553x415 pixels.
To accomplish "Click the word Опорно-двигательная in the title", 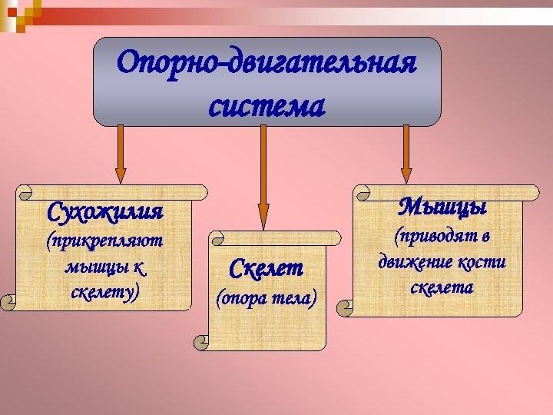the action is pyautogui.click(x=267, y=63).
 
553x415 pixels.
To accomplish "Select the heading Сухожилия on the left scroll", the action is pyautogui.click(x=105, y=210).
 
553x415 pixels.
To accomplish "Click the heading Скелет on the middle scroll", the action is pyautogui.click(x=267, y=269).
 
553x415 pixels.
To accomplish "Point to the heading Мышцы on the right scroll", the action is pyautogui.click(x=444, y=207).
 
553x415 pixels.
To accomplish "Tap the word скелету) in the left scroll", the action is pyautogui.click(x=104, y=292).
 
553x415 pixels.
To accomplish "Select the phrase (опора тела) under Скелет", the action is pyautogui.click(x=267, y=297).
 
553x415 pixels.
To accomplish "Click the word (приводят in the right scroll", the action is pyautogui.click(x=443, y=236).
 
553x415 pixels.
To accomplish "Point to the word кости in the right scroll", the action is pyautogui.click(x=481, y=262).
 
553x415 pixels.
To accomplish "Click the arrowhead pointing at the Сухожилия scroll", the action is pyautogui.click(x=120, y=174).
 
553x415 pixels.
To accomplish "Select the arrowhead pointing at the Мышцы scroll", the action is pyautogui.click(x=404, y=174).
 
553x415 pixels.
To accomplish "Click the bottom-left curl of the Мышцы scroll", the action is pyautogui.click(x=347, y=308).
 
